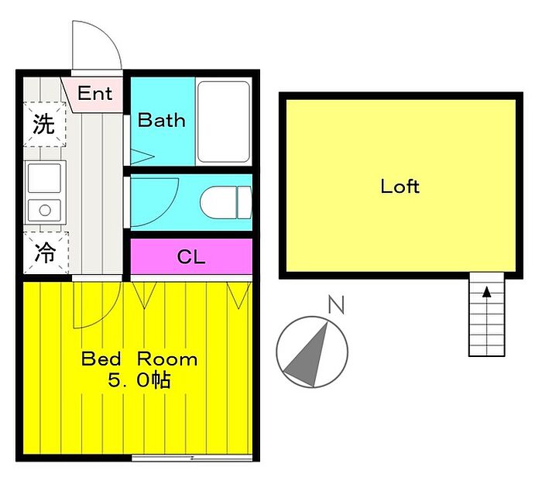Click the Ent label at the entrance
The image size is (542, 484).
94,93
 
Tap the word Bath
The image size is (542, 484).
161,120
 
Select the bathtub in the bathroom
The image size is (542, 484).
224,122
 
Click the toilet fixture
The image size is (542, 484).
226,203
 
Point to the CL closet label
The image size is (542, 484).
190,257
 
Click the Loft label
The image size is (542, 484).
400,187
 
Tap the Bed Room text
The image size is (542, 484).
139,359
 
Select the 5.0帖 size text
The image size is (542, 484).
139,380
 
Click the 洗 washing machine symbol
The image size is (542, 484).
44,124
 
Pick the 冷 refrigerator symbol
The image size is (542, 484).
46,252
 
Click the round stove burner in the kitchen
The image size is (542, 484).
45,210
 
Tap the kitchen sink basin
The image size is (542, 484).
45,178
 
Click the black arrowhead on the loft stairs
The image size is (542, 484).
487,292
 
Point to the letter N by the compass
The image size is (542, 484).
336,304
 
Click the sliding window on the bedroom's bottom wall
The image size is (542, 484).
192,458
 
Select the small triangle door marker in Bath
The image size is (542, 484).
142,156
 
